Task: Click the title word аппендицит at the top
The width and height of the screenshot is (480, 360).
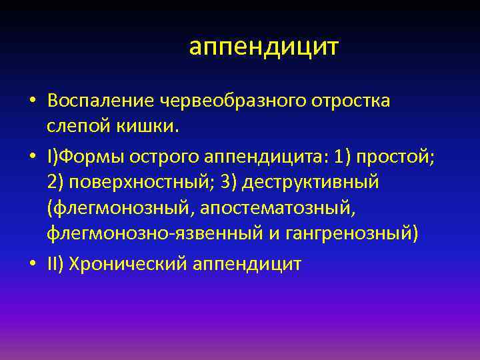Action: click(263, 47)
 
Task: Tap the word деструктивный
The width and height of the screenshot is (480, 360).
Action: click(309, 182)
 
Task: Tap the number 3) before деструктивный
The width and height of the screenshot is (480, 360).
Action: click(227, 182)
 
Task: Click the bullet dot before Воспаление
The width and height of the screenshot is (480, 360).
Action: click(32, 101)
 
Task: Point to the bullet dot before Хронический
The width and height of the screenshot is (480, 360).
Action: click(32, 265)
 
